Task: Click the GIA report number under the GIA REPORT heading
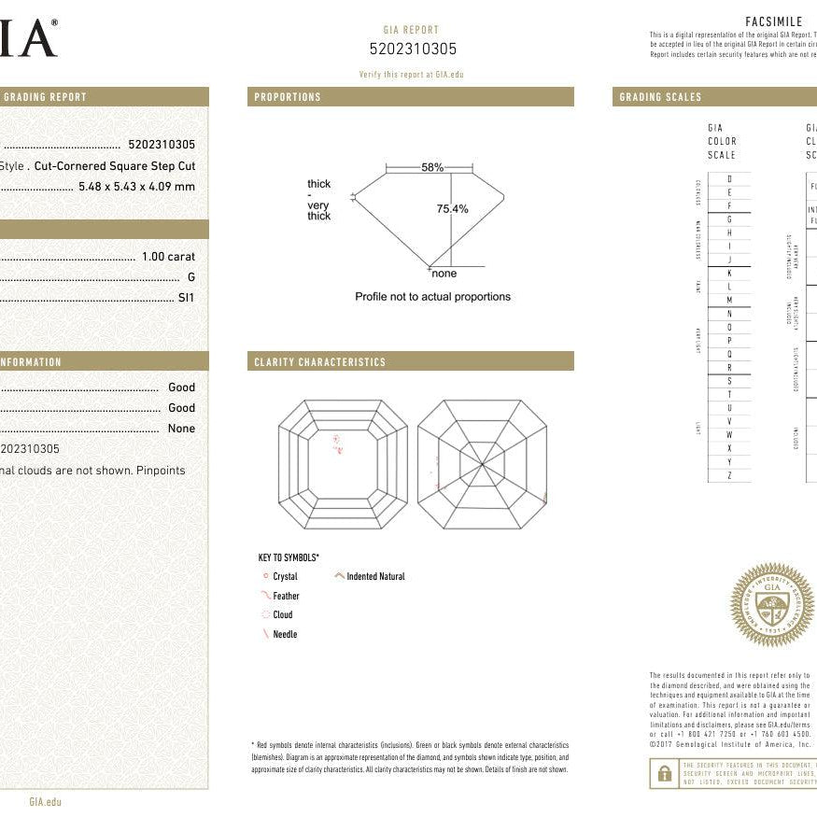click(413, 49)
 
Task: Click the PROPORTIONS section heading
click(288, 97)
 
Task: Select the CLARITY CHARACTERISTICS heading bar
click(319, 362)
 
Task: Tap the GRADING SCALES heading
click(660, 97)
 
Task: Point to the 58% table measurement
click(432, 167)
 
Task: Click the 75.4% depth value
click(452, 209)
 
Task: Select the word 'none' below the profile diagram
click(444, 274)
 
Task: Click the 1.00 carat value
click(168, 257)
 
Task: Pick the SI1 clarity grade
click(187, 298)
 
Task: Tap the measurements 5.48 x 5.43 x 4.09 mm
click(137, 187)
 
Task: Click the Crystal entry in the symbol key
click(285, 577)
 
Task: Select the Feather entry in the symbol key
click(286, 596)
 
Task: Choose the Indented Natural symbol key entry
click(375, 577)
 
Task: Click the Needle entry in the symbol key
click(285, 635)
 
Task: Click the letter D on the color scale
click(729, 178)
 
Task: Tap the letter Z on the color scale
click(729, 476)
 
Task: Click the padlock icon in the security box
click(665, 773)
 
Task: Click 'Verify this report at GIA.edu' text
click(411, 74)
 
